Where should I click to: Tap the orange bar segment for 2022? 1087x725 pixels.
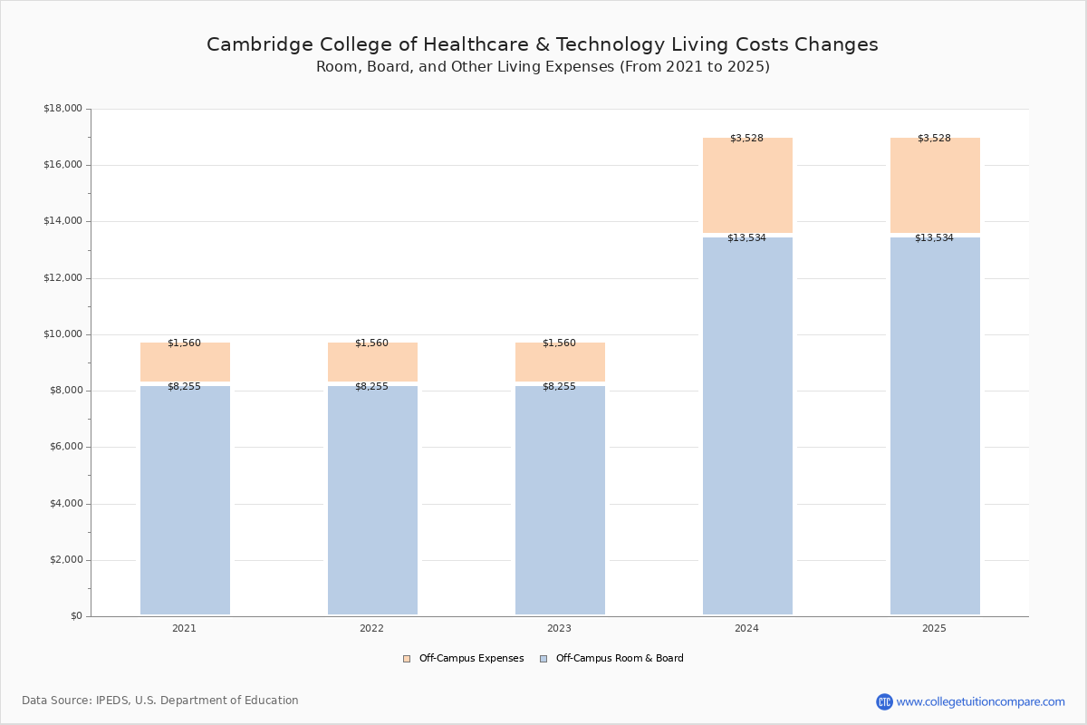tap(372, 363)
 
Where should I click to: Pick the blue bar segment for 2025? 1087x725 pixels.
tap(935, 426)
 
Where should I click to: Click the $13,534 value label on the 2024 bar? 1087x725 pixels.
tap(746, 238)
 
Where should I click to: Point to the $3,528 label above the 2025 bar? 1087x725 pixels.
tap(934, 139)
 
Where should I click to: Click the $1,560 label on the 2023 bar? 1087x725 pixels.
tap(559, 343)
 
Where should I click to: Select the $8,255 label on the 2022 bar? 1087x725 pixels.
tap(371, 387)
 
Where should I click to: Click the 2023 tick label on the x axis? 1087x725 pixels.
tap(559, 629)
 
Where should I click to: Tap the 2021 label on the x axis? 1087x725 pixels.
tap(184, 629)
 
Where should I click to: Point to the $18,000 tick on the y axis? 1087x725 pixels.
tap(63, 109)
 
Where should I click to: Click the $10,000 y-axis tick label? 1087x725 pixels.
tap(63, 334)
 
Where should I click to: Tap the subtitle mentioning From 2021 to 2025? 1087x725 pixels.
tap(543, 67)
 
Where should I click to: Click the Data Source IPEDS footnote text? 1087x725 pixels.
tap(160, 701)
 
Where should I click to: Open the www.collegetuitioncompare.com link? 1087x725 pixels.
tap(980, 701)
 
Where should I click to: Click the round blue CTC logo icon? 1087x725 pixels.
tap(884, 701)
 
